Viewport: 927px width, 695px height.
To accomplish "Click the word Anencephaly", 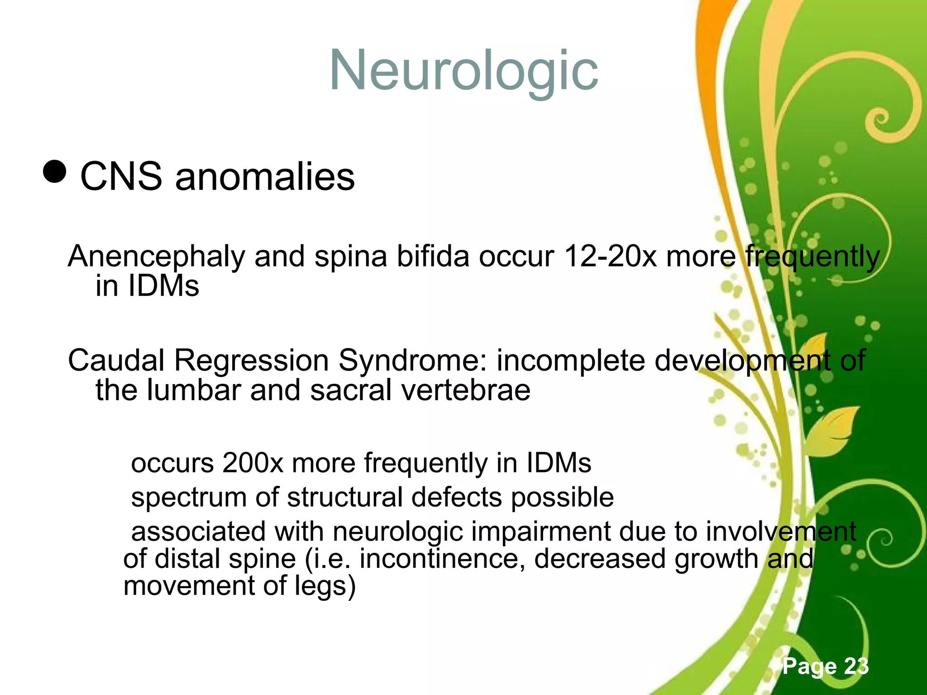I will tap(157, 257).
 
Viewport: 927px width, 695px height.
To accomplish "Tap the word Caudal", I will tap(116, 361).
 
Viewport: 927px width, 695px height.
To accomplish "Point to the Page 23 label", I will tap(826, 666).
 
